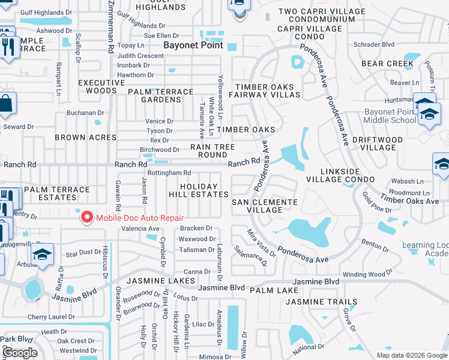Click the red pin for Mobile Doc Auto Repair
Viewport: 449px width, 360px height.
[x=86, y=217]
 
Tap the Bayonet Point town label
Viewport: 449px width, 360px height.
[x=193, y=45]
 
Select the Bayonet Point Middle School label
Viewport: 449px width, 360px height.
[x=390, y=116]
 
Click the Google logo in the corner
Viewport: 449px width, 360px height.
[x=19, y=353]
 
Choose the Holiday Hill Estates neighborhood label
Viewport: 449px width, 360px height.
[x=204, y=190]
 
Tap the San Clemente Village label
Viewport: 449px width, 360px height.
[x=265, y=206]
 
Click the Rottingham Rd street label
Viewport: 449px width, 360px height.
[x=169, y=173]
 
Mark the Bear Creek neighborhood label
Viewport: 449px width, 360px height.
[x=387, y=63]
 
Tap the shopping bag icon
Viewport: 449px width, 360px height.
[x=5, y=104]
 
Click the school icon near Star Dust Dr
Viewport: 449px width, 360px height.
[x=43, y=255]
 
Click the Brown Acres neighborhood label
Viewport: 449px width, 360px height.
[x=85, y=137]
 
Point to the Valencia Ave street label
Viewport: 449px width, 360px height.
[x=140, y=229]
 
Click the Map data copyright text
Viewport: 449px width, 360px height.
[x=411, y=355]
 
